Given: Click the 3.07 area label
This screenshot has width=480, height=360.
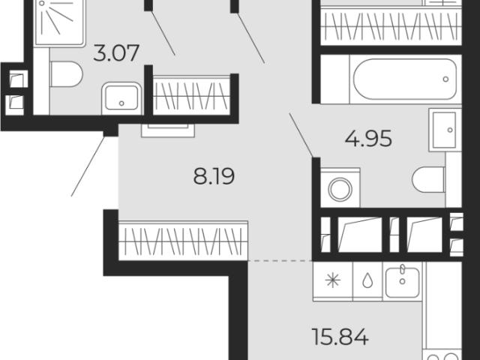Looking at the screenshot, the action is click(116, 53).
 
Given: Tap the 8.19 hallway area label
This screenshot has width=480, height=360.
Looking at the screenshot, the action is click(214, 177).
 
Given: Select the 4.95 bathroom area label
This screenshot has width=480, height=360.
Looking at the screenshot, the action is click(368, 139).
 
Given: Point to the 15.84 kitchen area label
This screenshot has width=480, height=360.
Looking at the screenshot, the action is click(340, 337).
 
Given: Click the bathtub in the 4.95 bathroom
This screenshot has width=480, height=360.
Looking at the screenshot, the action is click(405, 79).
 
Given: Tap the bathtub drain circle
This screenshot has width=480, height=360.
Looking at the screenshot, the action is click(445, 79).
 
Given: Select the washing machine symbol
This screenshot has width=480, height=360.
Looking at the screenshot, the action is click(340, 188).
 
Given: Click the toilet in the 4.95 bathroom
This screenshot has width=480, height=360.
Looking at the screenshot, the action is click(428, 180).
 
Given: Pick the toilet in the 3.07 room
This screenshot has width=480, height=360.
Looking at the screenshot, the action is click(66, 74).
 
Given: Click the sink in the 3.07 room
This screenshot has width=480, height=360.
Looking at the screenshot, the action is click(121, 98).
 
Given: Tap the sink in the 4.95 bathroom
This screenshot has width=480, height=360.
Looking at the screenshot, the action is click(445, 130).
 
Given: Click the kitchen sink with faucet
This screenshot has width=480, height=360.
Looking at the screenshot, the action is click(402, 282).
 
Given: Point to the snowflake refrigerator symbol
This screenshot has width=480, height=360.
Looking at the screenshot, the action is click(333, 280).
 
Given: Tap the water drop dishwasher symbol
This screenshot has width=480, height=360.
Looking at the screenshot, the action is click(367, 281).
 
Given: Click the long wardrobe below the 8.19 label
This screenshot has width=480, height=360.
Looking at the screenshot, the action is click(183, 241).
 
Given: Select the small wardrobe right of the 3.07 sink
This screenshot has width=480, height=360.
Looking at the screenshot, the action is click(192, 95).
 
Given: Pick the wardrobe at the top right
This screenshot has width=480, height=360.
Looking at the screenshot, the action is click(391, 27).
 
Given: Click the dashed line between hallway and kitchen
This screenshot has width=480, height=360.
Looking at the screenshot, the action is click(280, 261).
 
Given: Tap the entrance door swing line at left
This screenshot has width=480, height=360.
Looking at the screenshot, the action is click(88, 166).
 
